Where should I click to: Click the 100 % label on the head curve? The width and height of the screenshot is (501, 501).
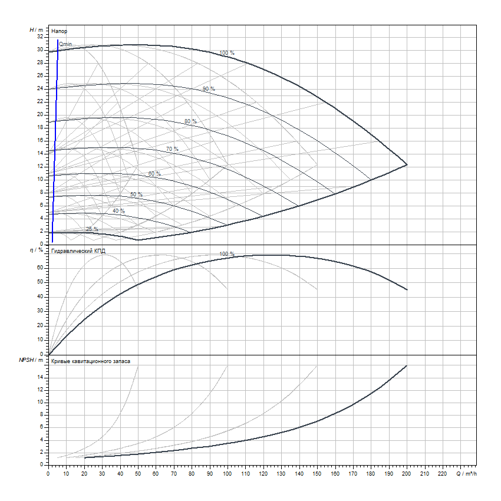pos(227,53)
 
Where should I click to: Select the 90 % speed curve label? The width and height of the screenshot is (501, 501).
pos(209,89)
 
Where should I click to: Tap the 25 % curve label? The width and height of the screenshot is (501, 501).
pos(92,229)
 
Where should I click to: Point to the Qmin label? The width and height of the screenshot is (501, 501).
pos(65,44)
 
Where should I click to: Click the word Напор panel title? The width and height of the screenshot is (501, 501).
pos(58,30)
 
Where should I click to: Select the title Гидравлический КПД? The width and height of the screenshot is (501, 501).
pos(78,250)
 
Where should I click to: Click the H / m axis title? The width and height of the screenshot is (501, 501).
pos(36,29)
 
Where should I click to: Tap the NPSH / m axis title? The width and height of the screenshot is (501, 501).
pos(32,360)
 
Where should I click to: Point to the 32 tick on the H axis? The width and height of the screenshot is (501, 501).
pos(40,36)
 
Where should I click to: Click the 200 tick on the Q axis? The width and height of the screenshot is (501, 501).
pos(407,473)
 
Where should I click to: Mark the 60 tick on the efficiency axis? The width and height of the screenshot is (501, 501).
pos(40,267)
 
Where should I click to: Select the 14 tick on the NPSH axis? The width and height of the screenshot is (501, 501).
pos(40,377)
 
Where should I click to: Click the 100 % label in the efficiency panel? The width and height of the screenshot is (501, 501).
pos(227,254)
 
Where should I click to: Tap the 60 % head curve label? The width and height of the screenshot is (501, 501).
pos(154,174)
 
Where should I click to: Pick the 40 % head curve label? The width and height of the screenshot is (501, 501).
pos(118,211)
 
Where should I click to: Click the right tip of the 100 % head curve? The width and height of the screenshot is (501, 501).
pos(407,164)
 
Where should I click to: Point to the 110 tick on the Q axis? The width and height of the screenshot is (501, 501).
pos(245,473)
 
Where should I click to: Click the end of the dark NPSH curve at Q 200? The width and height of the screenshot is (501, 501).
pos(407,366)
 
